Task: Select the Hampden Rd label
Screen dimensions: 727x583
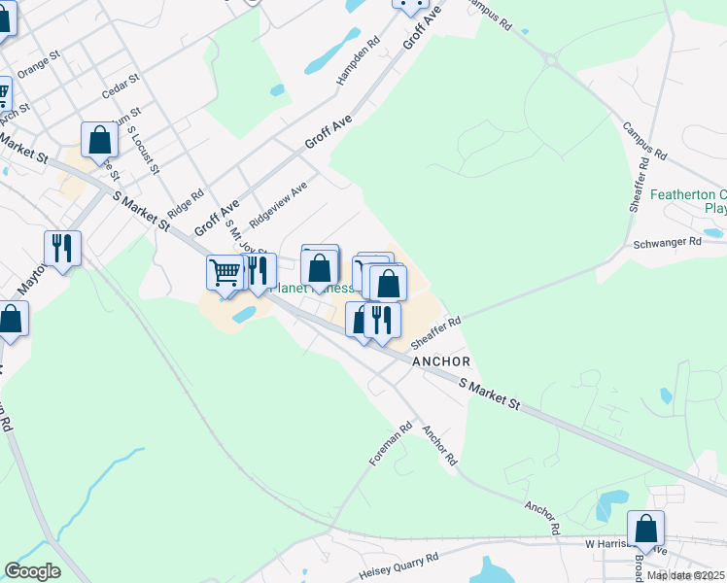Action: click(x=358, y=61)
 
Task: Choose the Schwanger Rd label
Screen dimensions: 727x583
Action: click(x=667, y=241)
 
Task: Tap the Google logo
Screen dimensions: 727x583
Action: click(x=32, y=571)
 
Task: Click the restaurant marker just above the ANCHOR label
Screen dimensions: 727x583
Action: click(x=383, y=320)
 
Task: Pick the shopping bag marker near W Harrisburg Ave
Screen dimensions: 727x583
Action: click(x=645, y=529)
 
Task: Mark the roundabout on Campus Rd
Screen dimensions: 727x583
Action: click(x=551, y=60)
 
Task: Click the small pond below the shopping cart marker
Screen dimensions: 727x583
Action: click(x=244, y=315)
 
